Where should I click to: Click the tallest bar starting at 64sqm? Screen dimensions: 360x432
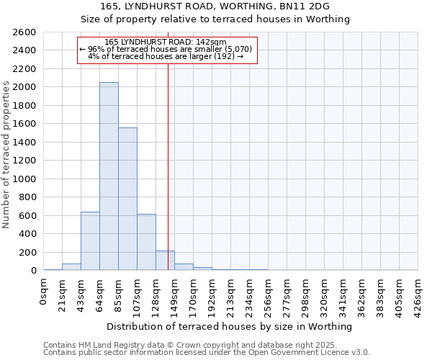pyautogui.click(x=109, y=176)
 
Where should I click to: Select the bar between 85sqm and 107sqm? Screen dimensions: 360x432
pyautogui.click(x=127, y=199)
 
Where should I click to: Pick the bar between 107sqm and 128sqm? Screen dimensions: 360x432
pyautogui.click(x=146, y=242)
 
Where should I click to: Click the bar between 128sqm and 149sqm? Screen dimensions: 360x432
pyautogui.click(x=165, y=261)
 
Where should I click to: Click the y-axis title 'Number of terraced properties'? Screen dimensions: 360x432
pyautogui.click(x=6, y=155)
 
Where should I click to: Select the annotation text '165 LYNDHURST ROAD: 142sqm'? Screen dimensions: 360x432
pyautogui.click(x=166, y=42)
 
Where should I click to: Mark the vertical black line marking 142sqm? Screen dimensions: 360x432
pyautogui.click(x=168, y=166)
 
